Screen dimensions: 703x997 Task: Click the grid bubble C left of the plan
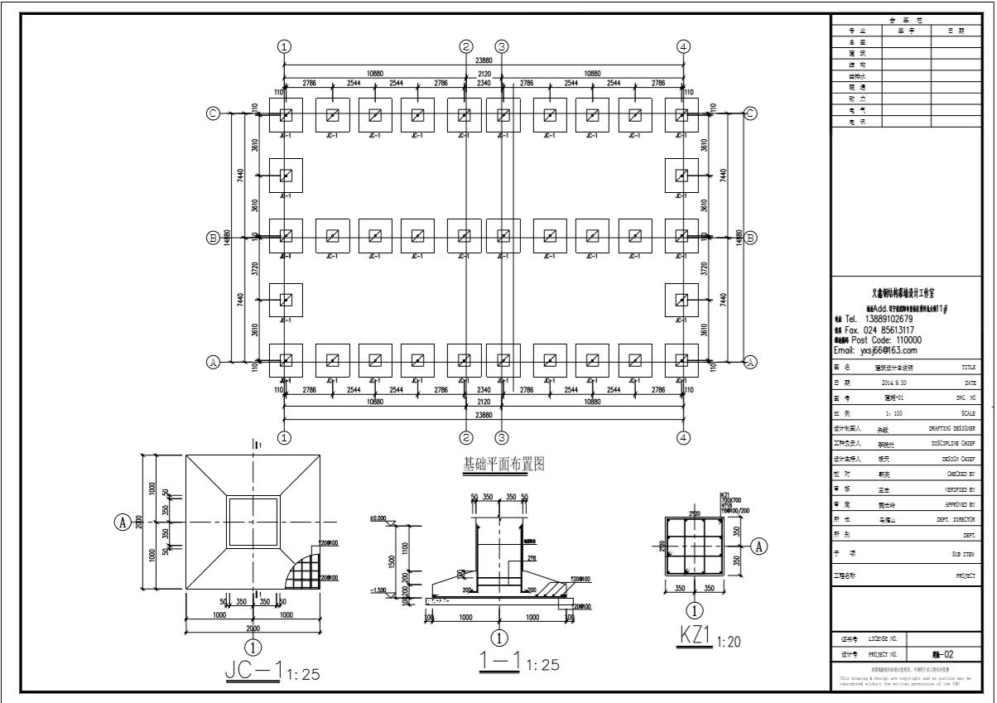(x=213, y=114)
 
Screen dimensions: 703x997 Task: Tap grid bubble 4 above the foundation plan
(x=683, y=46)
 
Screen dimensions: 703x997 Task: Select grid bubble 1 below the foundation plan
(x=285, y=437)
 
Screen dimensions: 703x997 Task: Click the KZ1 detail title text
(x=696, y=636)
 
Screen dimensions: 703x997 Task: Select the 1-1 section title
(x=500, y=662)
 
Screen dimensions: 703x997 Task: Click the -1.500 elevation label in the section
(x=378, y=590)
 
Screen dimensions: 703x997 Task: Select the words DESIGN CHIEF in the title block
(x=958, y=458)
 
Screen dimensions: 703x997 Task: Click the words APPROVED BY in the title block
(x=959, y=503)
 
